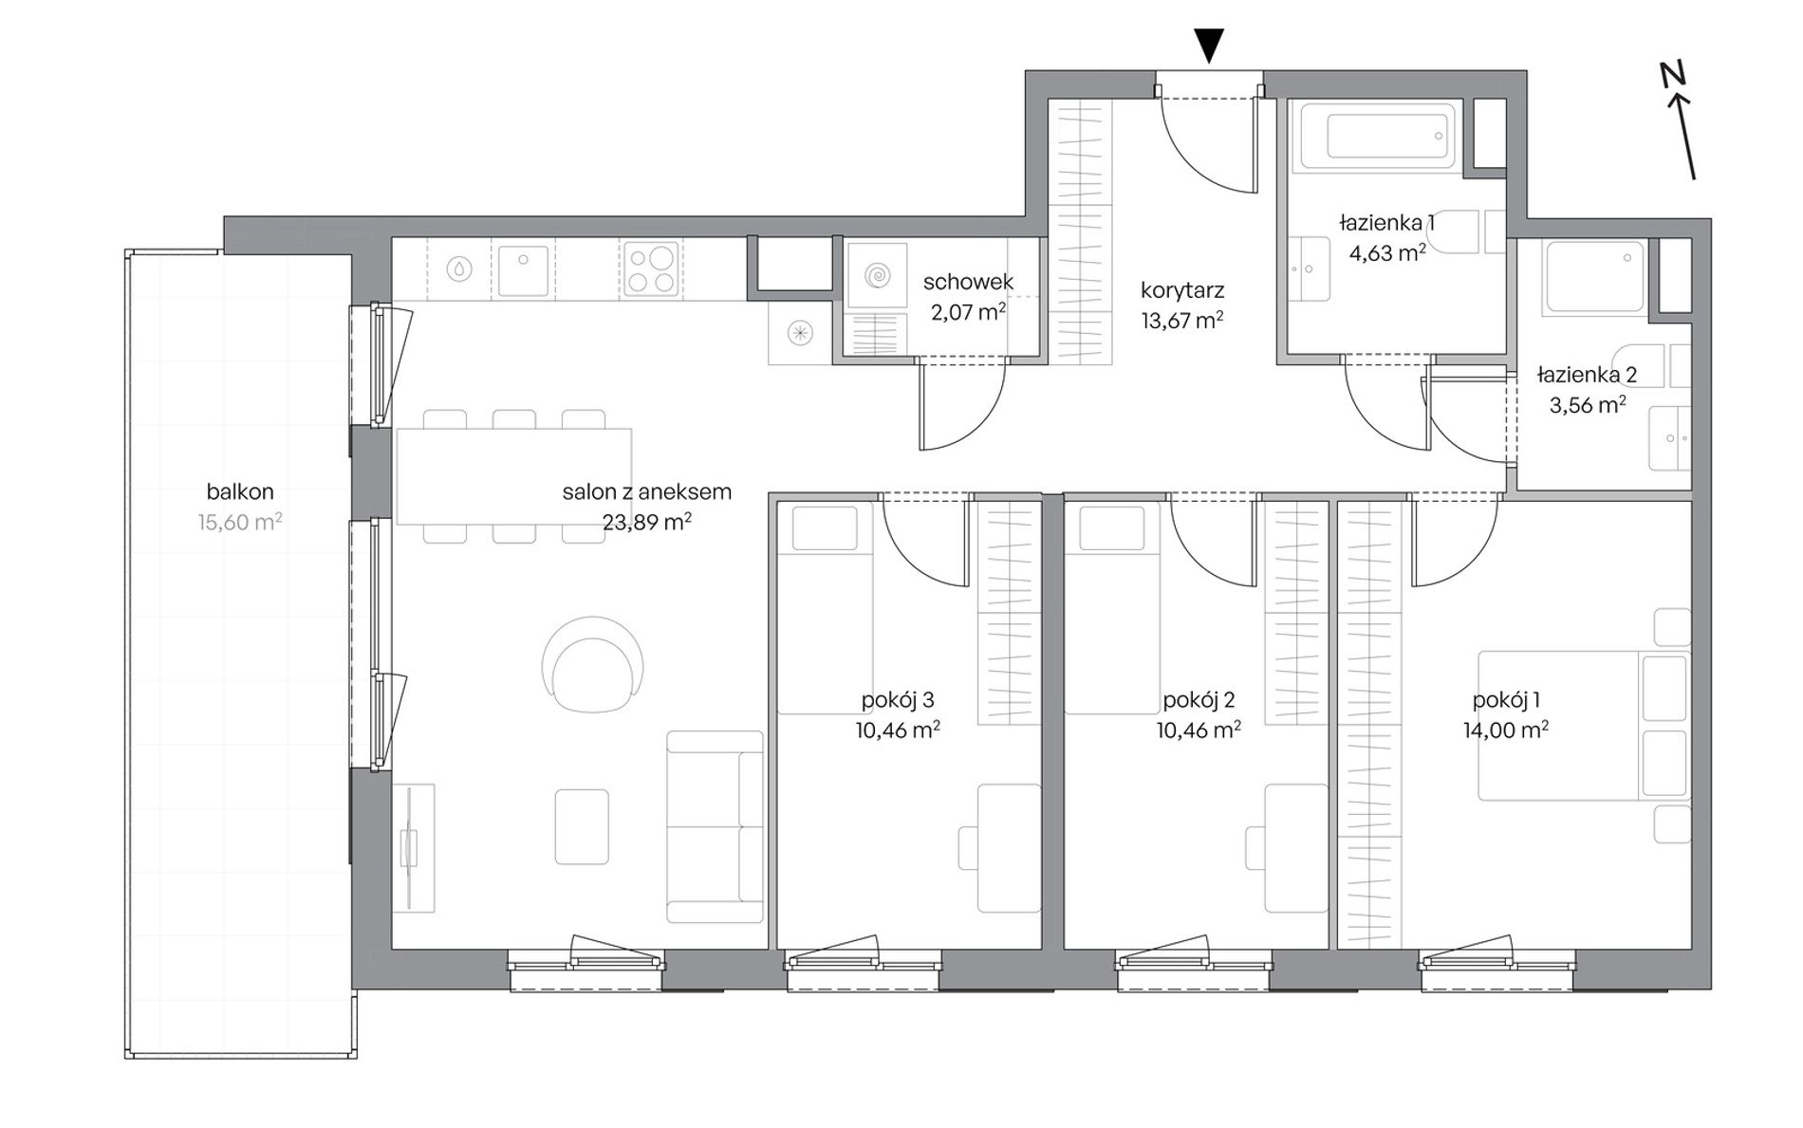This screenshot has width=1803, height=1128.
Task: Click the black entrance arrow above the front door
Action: tap(1208, 46)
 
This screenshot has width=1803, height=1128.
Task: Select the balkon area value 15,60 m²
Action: tap(240, 522)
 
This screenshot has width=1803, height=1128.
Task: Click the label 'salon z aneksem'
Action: tap(646, 491)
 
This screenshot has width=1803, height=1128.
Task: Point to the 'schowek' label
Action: tap(968, 282)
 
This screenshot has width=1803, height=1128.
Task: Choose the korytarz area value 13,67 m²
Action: tap(1181, 320)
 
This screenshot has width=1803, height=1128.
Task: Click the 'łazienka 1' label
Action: tap(1386, 223)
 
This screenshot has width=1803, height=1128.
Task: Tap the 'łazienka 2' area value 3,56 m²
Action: tap(1587, 405)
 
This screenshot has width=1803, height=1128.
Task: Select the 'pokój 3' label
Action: tap(898, 700)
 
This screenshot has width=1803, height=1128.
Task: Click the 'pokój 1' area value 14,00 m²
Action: tap(1506, 730)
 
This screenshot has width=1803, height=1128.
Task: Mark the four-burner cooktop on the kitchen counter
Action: tap(651, 268)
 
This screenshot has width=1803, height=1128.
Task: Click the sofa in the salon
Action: tap(715, 826)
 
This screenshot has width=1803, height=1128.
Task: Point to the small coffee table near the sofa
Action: tap(582, 826)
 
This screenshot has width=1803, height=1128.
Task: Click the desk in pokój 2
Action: tap(1294, 848)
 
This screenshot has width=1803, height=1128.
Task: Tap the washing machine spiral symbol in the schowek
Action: tap(877, 276)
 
